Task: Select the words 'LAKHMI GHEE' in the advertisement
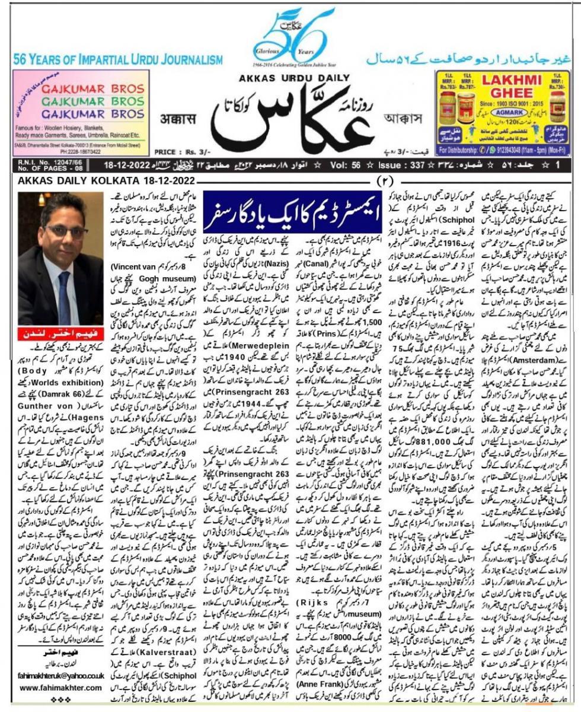tap(509, 87)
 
